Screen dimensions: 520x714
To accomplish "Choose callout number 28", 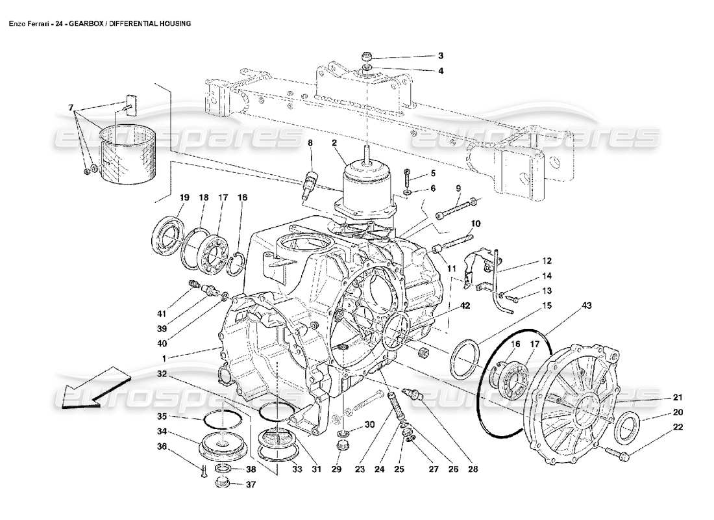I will coord(473,469).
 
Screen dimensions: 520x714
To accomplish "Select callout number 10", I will coord(475,224).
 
